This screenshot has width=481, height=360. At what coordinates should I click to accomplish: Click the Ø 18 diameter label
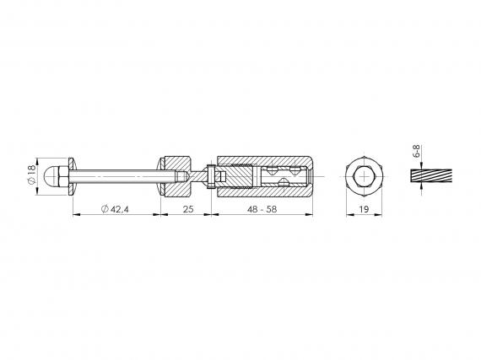pos(31,175)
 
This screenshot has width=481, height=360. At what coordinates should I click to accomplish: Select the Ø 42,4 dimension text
pos(115,209)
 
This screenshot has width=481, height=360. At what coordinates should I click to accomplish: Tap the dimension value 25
pos(188,209)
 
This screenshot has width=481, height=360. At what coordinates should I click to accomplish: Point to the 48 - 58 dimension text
pos(262,209)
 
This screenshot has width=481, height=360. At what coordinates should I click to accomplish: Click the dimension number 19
pos(364,209)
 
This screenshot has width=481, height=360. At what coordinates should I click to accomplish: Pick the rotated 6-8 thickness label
pos(416,151)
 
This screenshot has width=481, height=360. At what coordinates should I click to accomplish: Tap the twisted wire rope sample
pos(431,176)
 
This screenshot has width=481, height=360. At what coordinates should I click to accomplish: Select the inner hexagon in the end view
pos(364,176)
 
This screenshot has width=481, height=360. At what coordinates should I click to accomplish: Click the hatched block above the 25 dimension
pos(178,176)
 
